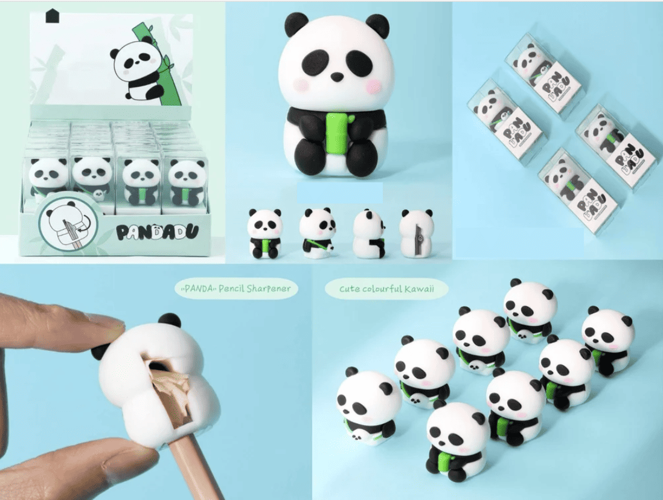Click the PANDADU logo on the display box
(156, 232)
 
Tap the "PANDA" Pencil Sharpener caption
(236, 289)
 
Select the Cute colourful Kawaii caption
(386, 289)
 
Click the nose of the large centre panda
(336, 77)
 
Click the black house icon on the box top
(52, 15)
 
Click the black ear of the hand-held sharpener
(169, 320)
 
